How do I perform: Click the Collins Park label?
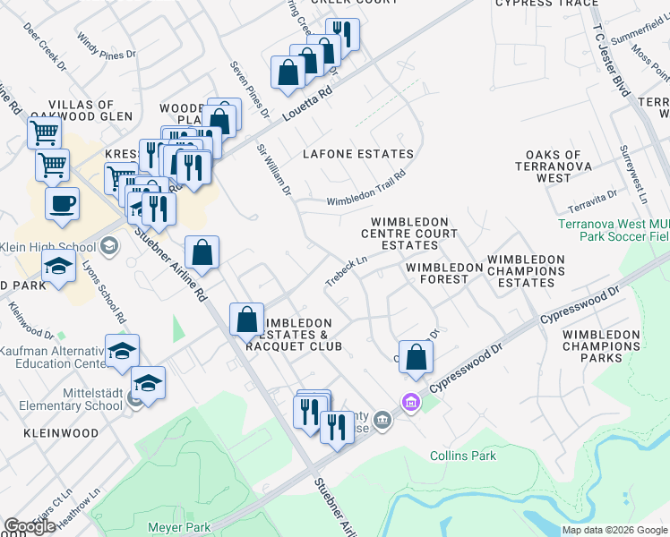coord(463,456)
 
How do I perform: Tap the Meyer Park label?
coord(180,527)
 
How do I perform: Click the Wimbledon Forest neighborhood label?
coord(437,273)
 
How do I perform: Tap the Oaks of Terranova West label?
coord(554,166)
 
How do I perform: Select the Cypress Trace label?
coord(546,4)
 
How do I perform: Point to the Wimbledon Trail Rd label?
coord(365,188)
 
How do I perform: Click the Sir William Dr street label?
coord(275,169)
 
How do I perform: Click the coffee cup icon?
coord(62,204)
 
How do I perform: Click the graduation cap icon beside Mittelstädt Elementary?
coord(149,384)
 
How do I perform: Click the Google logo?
coord(30,526)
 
